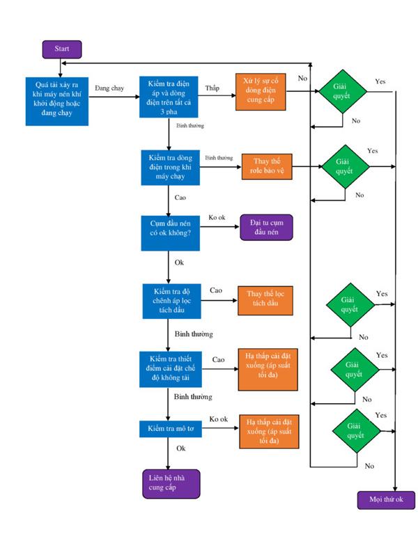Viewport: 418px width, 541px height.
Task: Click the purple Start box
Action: pos(62,49)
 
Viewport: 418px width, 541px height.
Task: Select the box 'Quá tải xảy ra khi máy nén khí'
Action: pos(57,101)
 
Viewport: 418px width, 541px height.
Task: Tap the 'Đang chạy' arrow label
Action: pos(109,88)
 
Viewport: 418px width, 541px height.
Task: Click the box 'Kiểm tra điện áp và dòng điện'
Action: pos(169,97)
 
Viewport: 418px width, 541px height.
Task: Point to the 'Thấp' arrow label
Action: pos(212,88)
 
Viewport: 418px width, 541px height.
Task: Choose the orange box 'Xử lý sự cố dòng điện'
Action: pos(261,92)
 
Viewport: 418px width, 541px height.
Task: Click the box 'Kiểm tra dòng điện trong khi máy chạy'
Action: pos(171,167)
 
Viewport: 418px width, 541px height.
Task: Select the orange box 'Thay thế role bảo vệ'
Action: pos(267,166)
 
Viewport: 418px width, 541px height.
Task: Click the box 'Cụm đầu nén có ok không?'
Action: pos(171,233)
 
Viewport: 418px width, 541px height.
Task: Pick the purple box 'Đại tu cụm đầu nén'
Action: pos(266,228)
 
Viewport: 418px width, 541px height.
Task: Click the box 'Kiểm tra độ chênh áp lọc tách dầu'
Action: pos(172,301)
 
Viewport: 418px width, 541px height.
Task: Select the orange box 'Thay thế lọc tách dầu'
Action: pos(265,301)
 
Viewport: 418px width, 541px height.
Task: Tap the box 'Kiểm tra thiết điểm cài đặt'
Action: pos(171,369)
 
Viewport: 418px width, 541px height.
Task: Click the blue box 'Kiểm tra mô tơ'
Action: pos(171,429)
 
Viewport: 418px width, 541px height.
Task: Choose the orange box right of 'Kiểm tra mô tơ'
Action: pos(269,432)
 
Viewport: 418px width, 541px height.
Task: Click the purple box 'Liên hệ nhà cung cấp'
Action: pos(171,484)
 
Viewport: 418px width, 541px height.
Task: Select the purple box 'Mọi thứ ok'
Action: pos(386,500)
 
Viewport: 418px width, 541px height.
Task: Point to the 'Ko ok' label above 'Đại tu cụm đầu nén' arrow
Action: pos(217,218)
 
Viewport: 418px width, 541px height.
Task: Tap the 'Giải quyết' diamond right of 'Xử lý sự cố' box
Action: pos(342,92)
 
